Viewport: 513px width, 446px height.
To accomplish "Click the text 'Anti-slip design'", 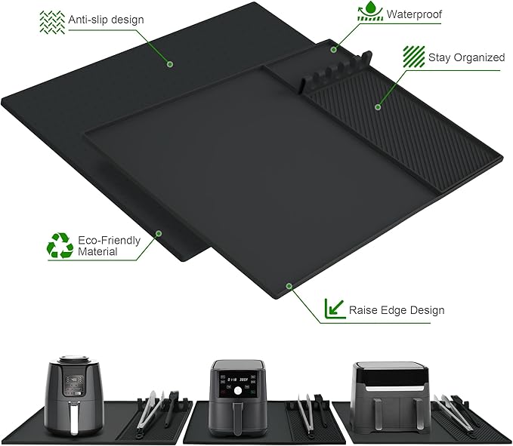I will pos(106,19).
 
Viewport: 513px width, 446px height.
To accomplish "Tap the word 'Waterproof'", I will pos(416,14).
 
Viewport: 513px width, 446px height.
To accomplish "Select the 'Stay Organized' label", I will pos(466,57).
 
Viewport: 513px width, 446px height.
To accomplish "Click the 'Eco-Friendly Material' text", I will pos(109,245).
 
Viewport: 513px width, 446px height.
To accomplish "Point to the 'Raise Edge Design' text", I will pos(396,309).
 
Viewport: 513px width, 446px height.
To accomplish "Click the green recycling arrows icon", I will pos(60,245).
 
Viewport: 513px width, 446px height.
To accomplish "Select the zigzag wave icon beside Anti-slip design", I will pos(51,20).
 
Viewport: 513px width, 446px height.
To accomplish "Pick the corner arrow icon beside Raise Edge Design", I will pos(332,309).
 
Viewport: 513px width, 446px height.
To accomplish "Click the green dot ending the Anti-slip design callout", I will pos(169,64).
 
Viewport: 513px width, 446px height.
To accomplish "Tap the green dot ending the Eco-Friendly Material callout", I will pos(158,233).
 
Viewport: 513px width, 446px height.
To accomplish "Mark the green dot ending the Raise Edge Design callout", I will pos(288,286).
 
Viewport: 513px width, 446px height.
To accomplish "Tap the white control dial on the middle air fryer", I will pos(237,391).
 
